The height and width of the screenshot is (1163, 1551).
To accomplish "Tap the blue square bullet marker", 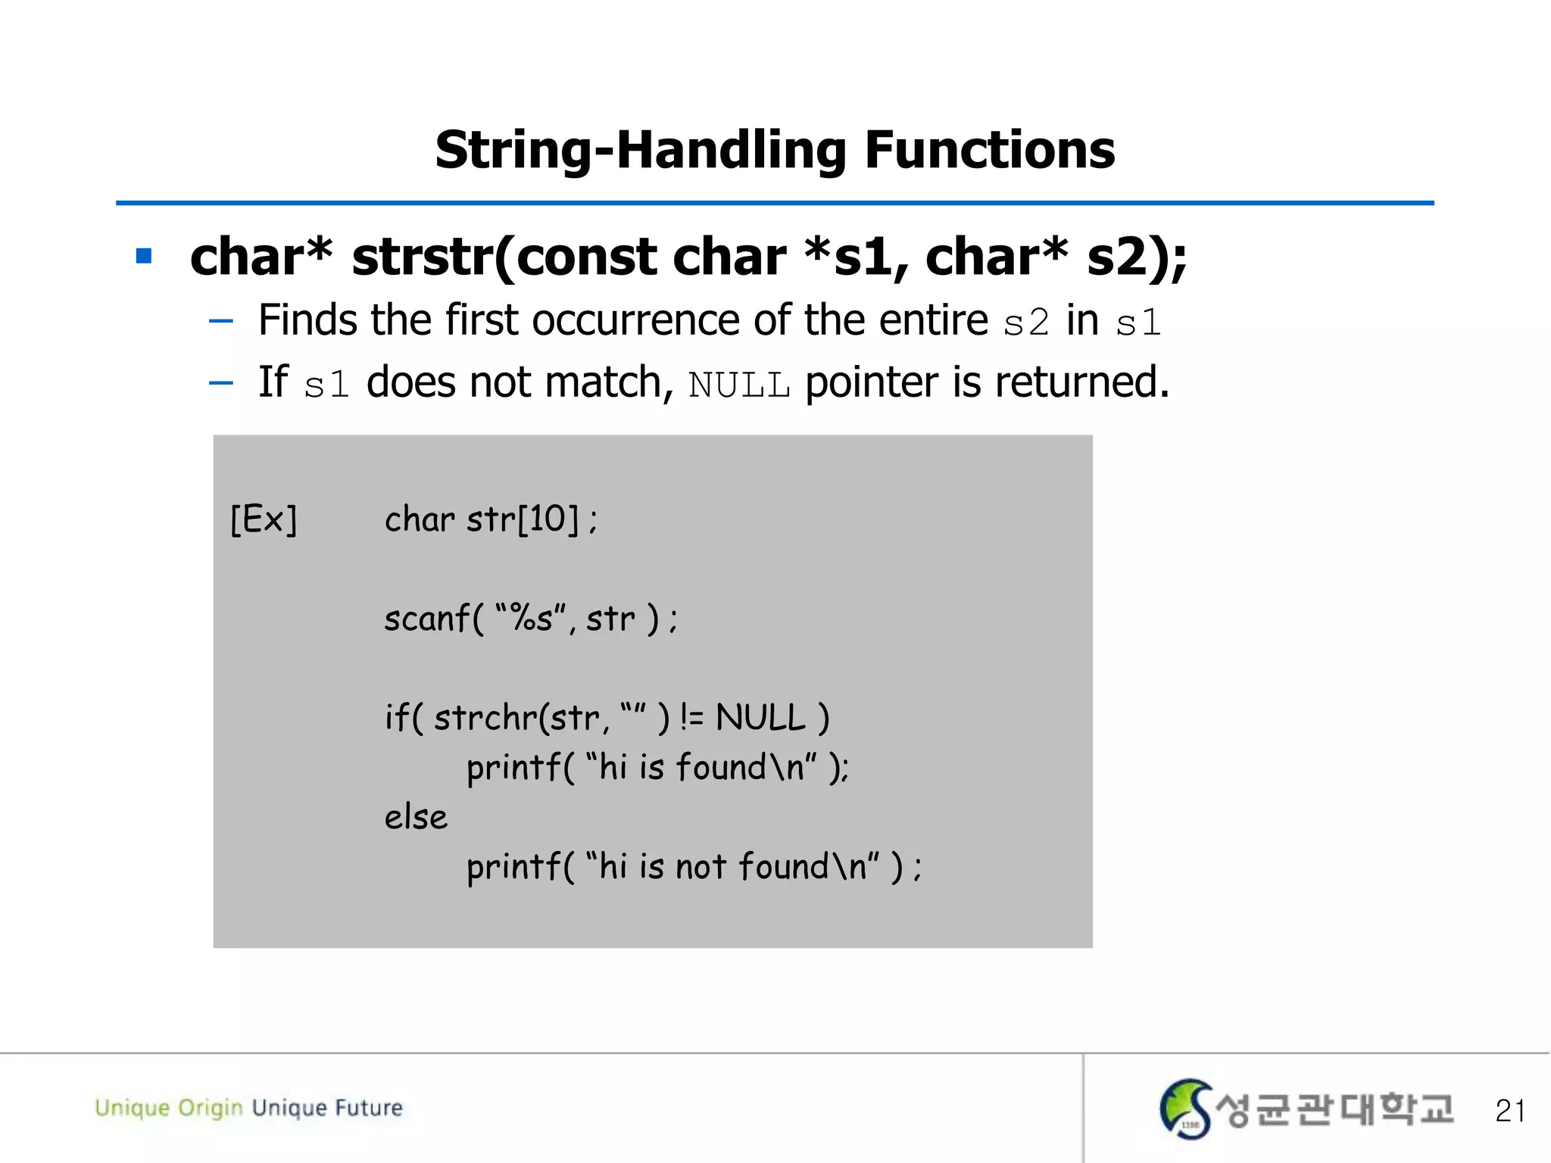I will point(144,256).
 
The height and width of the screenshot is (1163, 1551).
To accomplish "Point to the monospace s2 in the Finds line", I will point(1026,323).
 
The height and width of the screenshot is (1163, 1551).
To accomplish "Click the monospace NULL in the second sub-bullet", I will point(739,385).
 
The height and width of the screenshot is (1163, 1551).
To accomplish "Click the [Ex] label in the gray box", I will point(264,519).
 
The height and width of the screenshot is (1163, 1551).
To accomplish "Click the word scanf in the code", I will point(427,619).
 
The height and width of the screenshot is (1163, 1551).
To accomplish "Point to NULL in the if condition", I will point(760,718).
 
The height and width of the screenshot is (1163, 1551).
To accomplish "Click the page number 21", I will point(1509,1111).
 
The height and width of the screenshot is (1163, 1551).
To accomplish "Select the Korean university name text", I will point(1334,1110).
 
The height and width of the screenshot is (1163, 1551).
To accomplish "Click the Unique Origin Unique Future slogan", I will point(248,1108).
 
